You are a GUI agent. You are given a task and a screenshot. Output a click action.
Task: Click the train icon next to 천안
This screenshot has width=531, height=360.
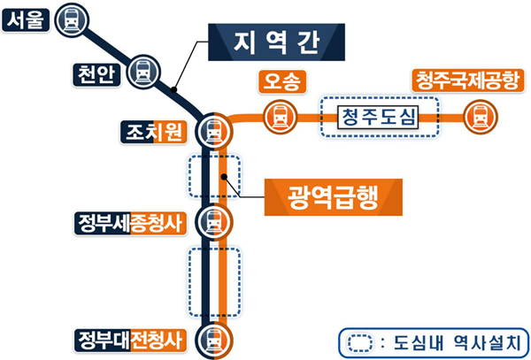tap(142, 71)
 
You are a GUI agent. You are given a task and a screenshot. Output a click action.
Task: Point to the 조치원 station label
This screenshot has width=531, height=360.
tap(153, 133)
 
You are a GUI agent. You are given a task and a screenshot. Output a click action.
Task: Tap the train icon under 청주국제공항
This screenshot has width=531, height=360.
tap(480, 116)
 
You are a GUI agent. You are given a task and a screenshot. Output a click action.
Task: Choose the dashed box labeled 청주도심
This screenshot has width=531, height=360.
tap(380, 116)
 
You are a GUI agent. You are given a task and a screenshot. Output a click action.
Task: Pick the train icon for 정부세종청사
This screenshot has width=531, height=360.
tap(213, 220)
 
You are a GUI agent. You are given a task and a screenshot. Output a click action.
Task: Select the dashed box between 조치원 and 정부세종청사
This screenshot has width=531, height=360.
tap(213, 177)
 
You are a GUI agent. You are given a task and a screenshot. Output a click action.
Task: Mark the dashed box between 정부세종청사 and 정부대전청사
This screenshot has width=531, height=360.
tap(213, 281)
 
